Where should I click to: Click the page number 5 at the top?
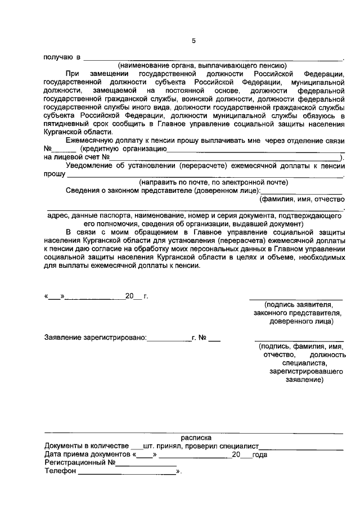coord(193,40)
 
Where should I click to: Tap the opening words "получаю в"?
coord(62,57)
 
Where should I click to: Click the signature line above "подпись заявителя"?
coord(295,298)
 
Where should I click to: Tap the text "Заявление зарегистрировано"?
coord(95,339)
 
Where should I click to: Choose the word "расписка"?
coord(196,436)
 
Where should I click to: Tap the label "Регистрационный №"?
coord(79,463)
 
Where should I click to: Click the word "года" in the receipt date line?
coord(260,454)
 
